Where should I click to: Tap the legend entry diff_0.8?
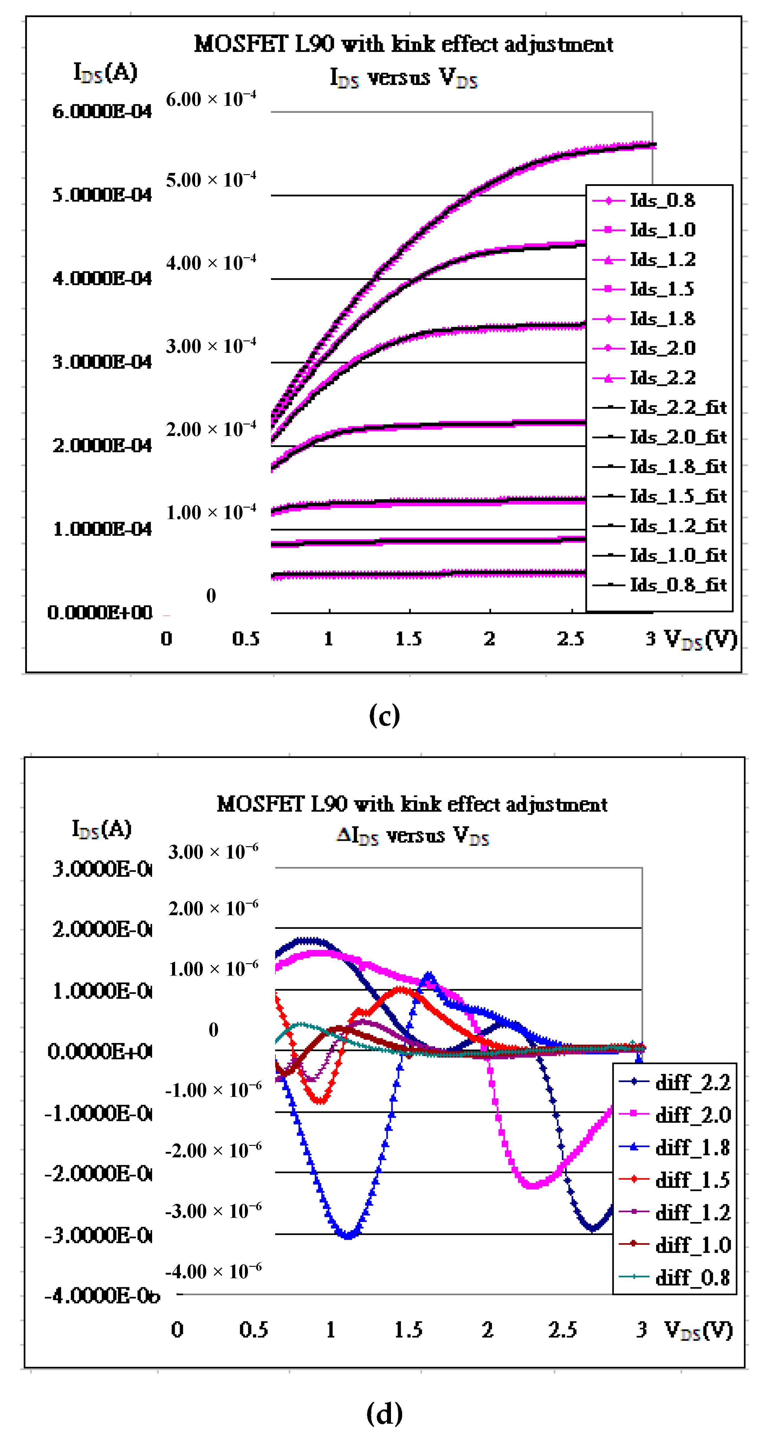[692, 1277]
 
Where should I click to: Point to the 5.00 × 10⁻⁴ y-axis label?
[211, 180]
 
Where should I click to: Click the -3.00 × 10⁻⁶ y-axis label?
[213, 1211]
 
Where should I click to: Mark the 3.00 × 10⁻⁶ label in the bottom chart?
[213, 852]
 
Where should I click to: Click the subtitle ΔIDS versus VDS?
[413, 836]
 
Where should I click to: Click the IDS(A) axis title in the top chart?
[105, 72]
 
